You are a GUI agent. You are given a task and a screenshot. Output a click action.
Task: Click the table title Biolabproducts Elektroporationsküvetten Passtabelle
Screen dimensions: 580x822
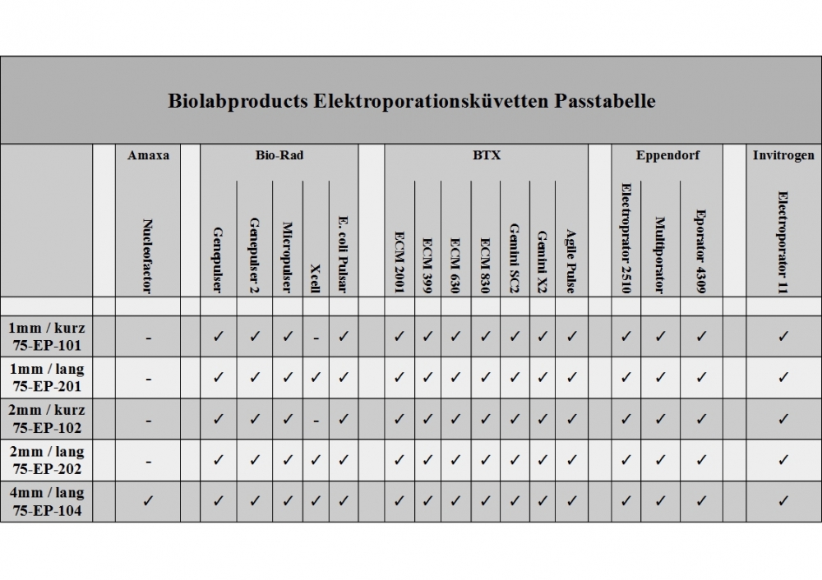coord(411,102)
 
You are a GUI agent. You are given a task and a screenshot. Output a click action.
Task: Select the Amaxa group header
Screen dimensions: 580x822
coord(148,154)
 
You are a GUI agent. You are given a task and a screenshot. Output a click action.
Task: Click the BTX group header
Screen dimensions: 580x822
coord(486,154)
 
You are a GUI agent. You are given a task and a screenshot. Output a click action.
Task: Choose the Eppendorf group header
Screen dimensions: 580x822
coord(667,154)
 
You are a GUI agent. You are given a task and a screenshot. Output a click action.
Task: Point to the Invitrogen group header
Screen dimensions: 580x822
coord(783,154)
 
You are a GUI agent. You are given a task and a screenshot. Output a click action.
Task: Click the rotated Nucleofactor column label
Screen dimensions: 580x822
coord(148,255)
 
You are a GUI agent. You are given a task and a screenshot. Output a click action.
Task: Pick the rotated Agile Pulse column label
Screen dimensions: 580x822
coord(571,260)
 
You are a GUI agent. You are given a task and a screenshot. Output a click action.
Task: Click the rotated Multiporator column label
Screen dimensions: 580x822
coord(660,254)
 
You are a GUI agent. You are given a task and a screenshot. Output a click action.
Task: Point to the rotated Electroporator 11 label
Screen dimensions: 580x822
coord(783,243)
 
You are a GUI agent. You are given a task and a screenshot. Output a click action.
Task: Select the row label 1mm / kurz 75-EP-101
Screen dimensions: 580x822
coord(47,337)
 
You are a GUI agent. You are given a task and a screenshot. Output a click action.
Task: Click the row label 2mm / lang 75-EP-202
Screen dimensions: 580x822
coord(47,461)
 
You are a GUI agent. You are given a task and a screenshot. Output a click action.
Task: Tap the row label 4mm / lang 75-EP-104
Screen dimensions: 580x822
coord(47,502)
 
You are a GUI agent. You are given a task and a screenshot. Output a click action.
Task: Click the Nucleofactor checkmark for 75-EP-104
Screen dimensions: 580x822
coord(148,500)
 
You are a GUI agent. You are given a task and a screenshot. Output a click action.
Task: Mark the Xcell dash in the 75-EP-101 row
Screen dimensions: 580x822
coord(316,337)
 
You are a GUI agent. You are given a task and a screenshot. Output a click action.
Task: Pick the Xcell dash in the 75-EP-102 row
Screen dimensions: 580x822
coord(316,420)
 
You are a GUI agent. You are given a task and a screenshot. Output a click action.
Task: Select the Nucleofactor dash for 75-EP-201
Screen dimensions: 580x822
coord(148,379)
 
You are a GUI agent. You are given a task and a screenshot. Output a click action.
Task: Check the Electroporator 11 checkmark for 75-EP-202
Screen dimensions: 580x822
coord(783,459)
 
